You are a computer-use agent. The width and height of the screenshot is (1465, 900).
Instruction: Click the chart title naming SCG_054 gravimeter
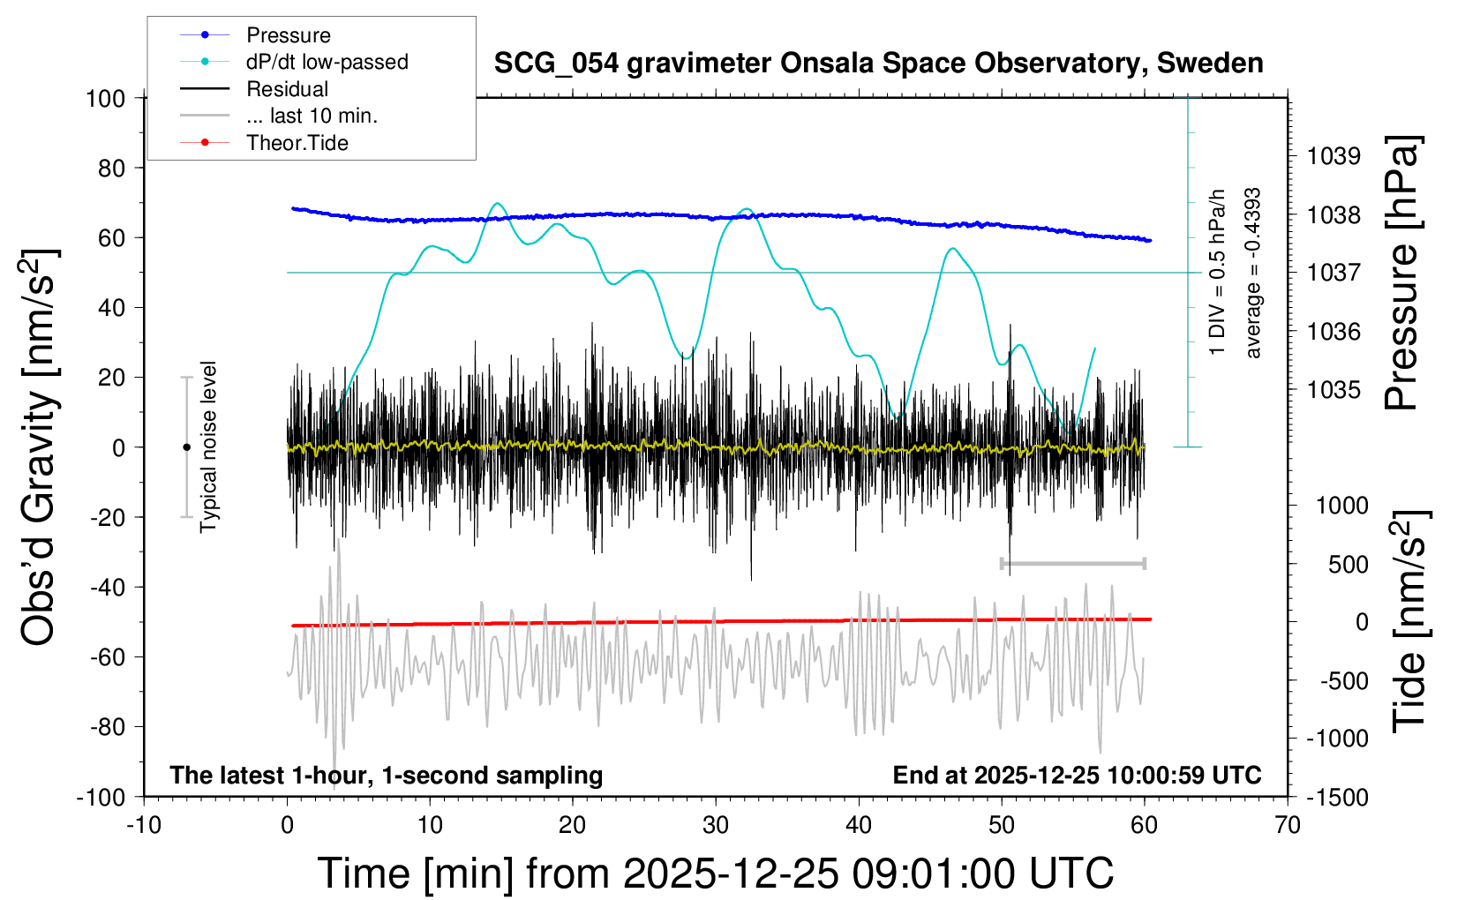[x=878, y=64]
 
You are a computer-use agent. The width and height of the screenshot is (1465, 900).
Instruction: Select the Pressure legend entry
[x=288, y=35]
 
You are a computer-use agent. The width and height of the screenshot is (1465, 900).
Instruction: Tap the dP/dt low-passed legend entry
[x=327, y=62]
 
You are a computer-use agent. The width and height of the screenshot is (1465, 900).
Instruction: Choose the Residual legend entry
[x=287, y=89]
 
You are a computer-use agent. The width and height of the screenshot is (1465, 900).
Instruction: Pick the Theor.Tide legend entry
[x=297, y=143]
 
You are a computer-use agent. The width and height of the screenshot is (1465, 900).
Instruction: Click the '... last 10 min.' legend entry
[x=312, y=116]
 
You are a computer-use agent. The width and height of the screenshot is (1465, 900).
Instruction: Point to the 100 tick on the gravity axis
[x=106, y=98]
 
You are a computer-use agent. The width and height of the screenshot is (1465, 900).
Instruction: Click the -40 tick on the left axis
[x=107, y=587]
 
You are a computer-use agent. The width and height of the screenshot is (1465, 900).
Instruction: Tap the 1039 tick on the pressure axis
[x=1334, y=156]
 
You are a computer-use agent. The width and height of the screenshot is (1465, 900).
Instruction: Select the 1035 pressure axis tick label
[x=1334, y=390]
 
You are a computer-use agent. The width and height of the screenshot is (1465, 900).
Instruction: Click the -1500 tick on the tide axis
[x=1337, y=798]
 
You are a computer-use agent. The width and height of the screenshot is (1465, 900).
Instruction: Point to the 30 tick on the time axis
[x=716, y=826]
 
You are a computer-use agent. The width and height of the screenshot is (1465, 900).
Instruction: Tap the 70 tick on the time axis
[x=1288, y=826]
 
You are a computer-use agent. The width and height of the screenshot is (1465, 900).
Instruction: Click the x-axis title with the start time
[x=716, y=874]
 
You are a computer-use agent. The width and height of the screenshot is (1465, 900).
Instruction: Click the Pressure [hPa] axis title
[x=1401, y=273]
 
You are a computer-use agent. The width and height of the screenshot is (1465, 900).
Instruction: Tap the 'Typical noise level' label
[x=208, y=446]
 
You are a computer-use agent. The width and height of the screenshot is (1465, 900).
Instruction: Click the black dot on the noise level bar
[x=186, y=447]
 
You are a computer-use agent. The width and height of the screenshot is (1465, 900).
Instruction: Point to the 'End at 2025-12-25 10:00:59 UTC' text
[x=1077, y=776]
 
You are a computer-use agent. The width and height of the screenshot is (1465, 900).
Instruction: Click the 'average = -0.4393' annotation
[x=1252, y=274]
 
